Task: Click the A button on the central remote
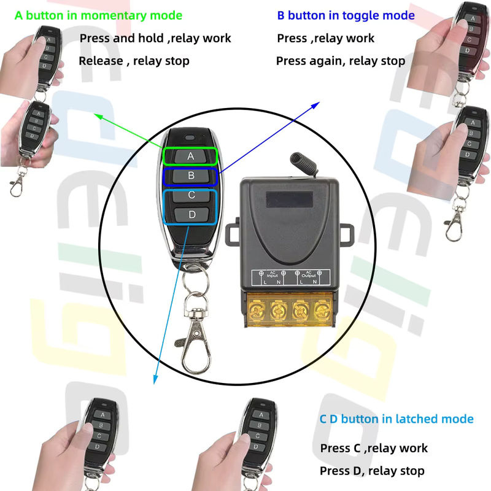190,156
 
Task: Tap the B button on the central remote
191,176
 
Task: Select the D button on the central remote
191,214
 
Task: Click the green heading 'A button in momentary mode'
98,16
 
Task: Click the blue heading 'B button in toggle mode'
346,16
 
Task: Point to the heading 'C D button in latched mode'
396,419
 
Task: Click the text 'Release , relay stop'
134,61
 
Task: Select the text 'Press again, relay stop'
341,61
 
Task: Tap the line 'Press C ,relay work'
374,448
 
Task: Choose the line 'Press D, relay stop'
372,471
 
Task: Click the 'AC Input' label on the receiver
272,274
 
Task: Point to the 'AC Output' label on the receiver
309,274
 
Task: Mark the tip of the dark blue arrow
319,102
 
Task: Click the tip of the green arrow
95,115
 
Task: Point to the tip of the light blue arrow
155,384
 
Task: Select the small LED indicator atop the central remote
190,137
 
